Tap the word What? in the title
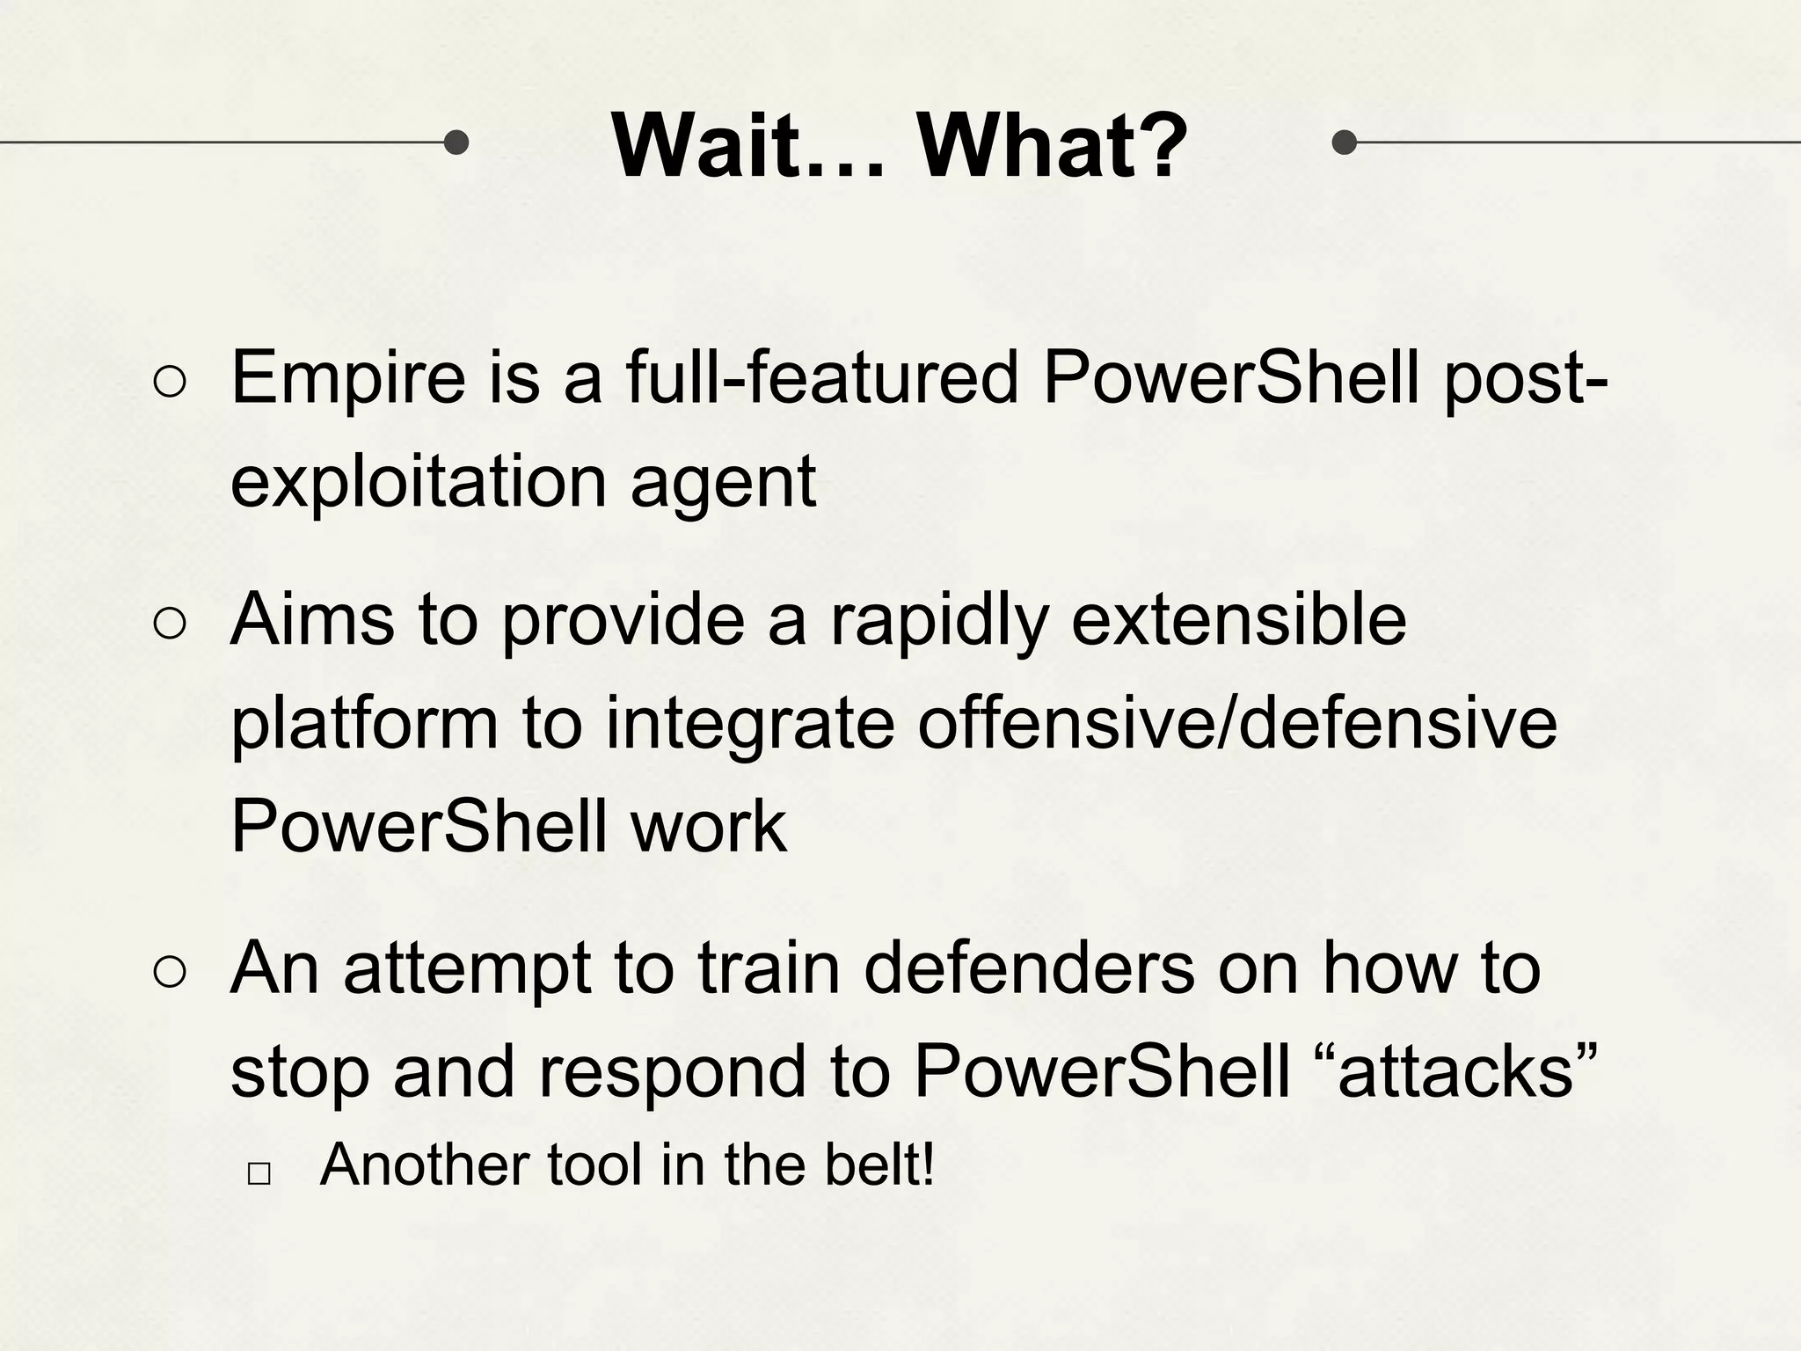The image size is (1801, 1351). coord(1052,146)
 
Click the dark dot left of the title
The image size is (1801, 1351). coord(456,142)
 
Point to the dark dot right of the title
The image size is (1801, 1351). coord(1344,142)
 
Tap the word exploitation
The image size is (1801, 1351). coord(419,482)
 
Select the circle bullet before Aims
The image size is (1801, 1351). coord(169,624)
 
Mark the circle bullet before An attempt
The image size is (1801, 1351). coord(169,973)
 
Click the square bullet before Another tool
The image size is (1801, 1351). coord(259,1173)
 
